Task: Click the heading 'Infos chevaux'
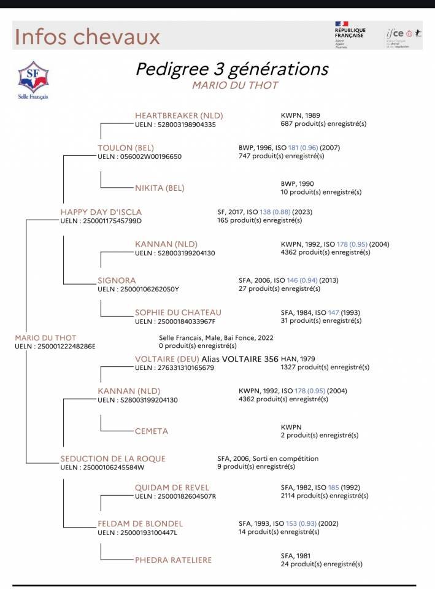(x=87, y=36)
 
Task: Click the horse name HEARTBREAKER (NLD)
(x=179, y=115)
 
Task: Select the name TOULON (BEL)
(x=126, y=148)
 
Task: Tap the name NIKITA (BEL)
(x=160, y=188)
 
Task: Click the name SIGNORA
(x=117, y=280)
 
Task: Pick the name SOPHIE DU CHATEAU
(x=178, y=312)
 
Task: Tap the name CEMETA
(x=152, y=431)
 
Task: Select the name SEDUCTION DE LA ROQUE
(x=113, y=458)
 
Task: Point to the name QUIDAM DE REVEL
(x=172, y=487)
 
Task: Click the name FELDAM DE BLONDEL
(x=141, y=523)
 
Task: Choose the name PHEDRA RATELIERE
(x=174, y=560)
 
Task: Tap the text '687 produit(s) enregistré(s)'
(x=323, y=124)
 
